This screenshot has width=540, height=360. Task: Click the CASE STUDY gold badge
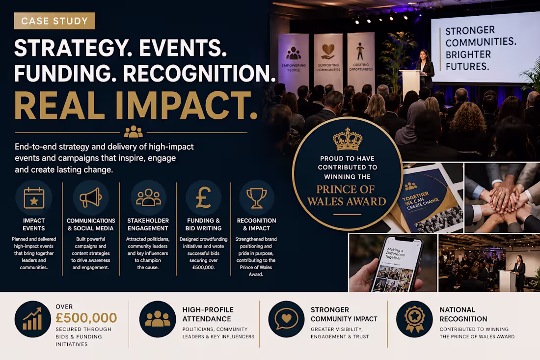tap(54, 21)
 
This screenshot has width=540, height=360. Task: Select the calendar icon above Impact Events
tap(34, 197)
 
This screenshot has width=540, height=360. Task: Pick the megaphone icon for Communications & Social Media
tap(90, 197)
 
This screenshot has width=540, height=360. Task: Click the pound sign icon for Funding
tap(203, 197)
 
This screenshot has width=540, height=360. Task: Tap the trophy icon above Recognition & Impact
tap(256, 197)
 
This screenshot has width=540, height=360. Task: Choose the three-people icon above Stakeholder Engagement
tap(148, 197)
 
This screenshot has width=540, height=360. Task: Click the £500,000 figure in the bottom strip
tap(86, 318)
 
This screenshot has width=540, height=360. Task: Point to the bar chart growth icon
tap(32, 319)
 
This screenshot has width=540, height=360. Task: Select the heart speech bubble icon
tap(287, 319)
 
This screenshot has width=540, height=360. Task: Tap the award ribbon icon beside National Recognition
tap(414, 319)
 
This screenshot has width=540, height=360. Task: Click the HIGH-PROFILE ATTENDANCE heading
tap(208, 314)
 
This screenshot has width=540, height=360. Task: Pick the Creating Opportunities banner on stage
tap(361, 59)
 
